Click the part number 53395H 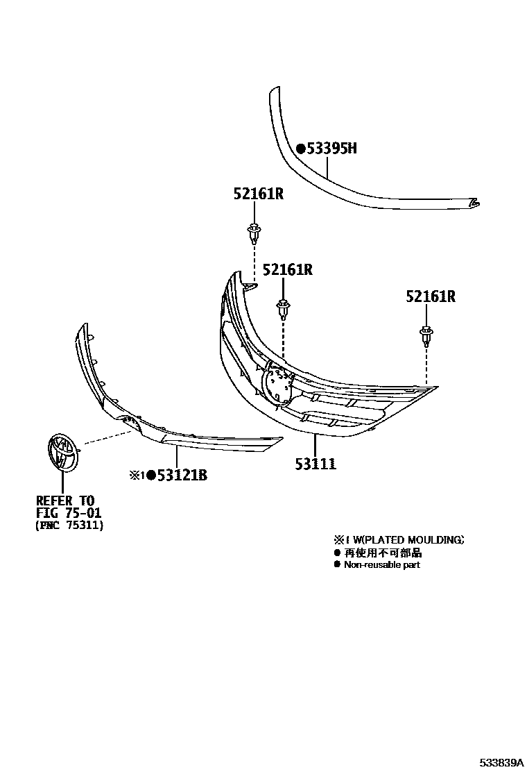[331, 148]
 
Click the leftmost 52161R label [258, 195]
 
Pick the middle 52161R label [286, 269]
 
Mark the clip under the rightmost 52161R [426, 335]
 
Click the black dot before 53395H [300, 149]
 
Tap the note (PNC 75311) [69, 526]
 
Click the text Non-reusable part [381, 564]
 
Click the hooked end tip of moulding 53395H [476, 203]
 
